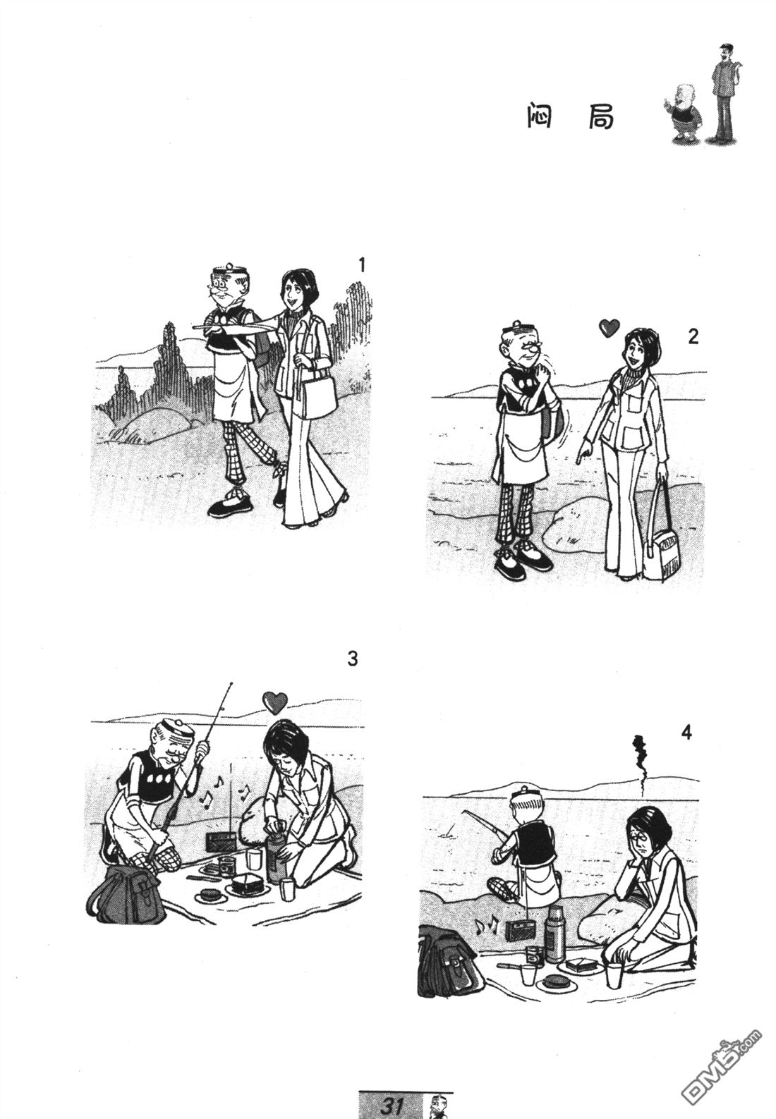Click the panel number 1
(x=362, y=264)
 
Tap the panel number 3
(x=353, y=659)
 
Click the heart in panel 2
(x=609, y=328)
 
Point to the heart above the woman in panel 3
(x=275, y=702)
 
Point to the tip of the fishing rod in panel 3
(x=231, y=683)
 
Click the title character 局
(x=599, y=117)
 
